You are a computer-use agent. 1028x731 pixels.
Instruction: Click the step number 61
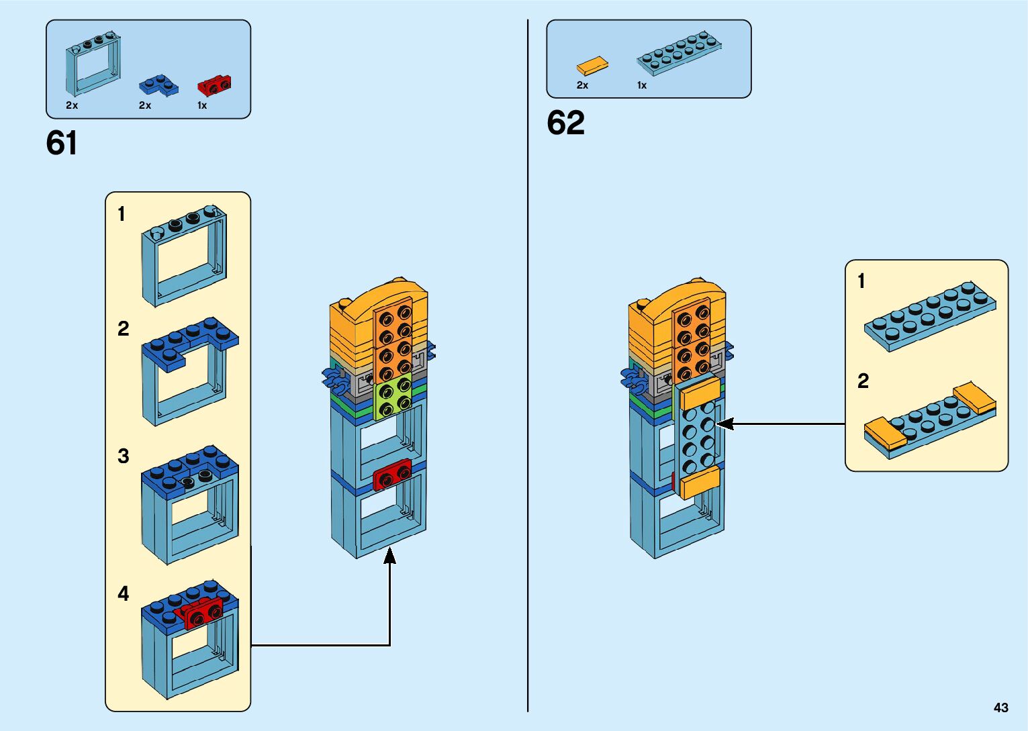tap(61, 143)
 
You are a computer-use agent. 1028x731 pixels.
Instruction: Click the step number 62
tap(565, 123)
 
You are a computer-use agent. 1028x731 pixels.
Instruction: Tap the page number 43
tap(1000, 708)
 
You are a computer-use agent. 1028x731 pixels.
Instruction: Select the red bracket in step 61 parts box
tap(214, 85)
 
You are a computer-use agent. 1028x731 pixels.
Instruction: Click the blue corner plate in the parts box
tap(158, 85)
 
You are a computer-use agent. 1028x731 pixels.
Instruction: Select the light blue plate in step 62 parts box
tap(679, 52)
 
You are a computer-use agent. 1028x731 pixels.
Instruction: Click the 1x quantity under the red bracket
tap(202, 105)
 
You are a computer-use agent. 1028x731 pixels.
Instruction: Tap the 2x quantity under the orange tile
tap(582, 85)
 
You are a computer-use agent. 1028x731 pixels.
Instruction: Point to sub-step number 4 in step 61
tap(123, 593)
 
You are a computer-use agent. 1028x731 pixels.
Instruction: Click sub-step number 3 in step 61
tap(123, 456)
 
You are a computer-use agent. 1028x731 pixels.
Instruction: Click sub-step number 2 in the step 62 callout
tap(863, 381)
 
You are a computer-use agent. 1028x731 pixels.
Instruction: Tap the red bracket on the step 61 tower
tap(392, 475)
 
